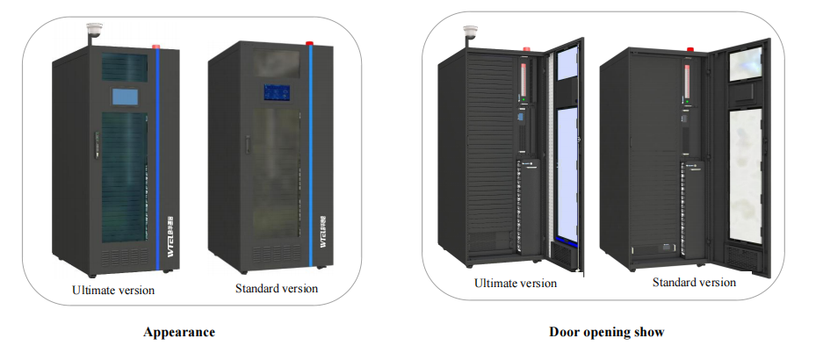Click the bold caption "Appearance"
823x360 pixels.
click(179, 333)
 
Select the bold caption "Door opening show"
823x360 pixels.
click(607, 332)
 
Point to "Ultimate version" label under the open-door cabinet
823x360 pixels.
click(516, 283)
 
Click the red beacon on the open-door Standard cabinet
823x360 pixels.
click(689, 49)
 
